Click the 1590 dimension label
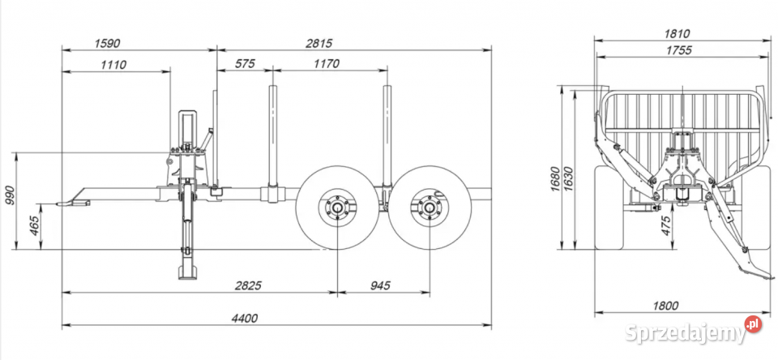[107, 43]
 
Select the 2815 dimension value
[318, 43]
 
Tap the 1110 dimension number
[113, 64]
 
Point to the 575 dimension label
[245, 63]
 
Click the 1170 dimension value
[327, 63]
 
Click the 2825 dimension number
[248, 285]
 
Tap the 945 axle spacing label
[380, 285]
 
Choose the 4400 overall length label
[245, 319]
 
